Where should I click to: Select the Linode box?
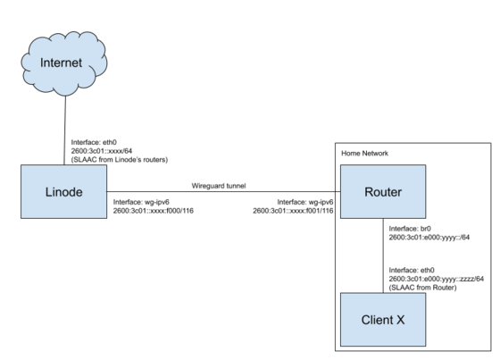pyautogui.click(x=63, y=191)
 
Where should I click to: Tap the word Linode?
pyautogui.click(x=63, y=192)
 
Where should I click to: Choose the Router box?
pyautogui.click(x=383, y=191)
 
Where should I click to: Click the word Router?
pyautogui.click(x=383, y=192)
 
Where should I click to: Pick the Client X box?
pyautogui.click(x=383, y=319)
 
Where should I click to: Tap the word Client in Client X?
pyautogui.click(x=377, y=320)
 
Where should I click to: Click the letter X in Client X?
pyautogui.click(x=401, y=320)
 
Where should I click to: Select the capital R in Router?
pyautogui.click(x=368, y=192)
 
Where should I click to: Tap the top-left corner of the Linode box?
pyautogui.click(x=21, y=165)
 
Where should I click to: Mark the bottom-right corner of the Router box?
pyautogui.click(x=426, y=217)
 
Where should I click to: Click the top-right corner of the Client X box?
pyautogui.click(x=426, y=293)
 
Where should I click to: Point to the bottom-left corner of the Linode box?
pyautogui.click(x=21, y=217)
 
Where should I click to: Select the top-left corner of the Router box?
pyautogui.click(x=341, y=165)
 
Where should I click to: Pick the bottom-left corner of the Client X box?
pyautogui.click(x=341, y=345)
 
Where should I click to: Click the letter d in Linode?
pyautogui.click(x=72, y=192)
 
